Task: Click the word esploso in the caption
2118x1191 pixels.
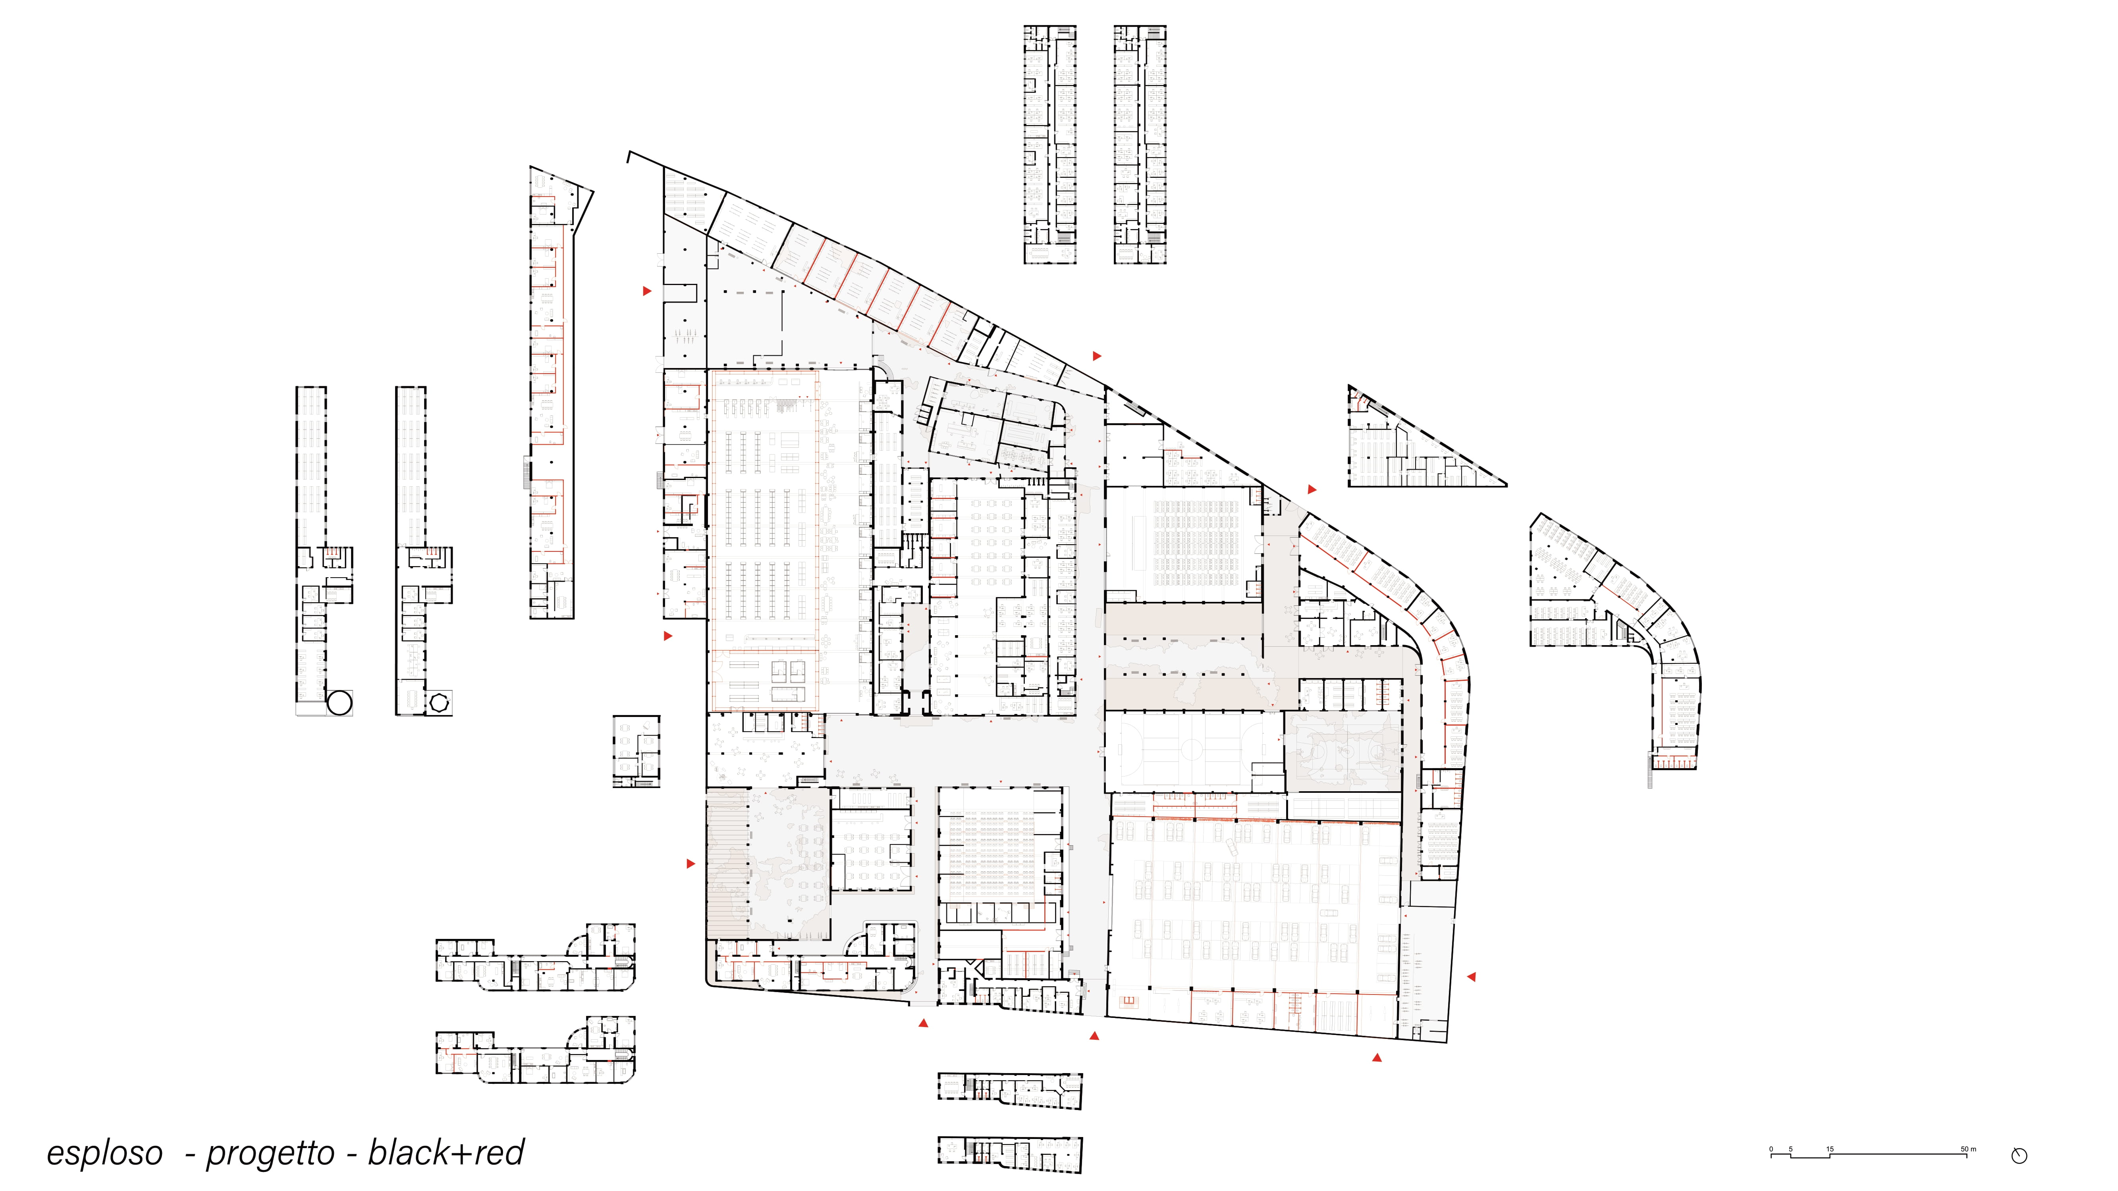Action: tap(104, 1153)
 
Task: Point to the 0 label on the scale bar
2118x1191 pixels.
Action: tap(1772, 1149)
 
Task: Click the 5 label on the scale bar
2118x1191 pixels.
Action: tap(1791, 1149)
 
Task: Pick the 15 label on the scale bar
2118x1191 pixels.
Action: tap(1830, 1149)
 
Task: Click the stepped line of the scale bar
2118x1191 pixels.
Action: tap(1873, 1156)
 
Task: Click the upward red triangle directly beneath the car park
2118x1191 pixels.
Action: tap(1377, 1057)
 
